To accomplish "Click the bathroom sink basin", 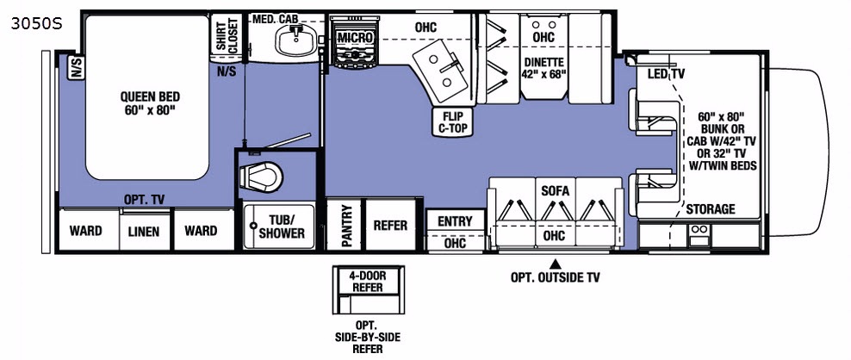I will [x=297, y=38].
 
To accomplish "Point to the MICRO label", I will [x=355, y=38].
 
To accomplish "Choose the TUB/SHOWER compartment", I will [x=276, y=226].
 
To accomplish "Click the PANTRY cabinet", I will [x=345, y=225].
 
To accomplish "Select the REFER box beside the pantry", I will [x=389, y=226].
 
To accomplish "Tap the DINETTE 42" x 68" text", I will [x=544, y=67].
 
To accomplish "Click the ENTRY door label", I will [x=454, y=221].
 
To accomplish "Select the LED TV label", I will [x=666, y=74].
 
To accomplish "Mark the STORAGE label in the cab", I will [x=710, y=209].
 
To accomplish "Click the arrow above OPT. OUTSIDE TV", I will [x=556, y=263].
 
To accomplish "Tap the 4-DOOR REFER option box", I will [x=366, y=281].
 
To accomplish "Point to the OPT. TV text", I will [x=145, y=199].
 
